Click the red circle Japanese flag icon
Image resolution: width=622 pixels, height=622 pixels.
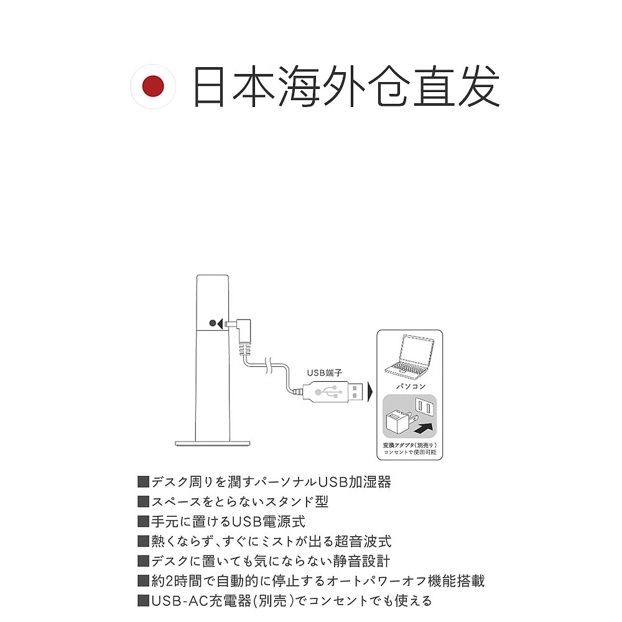(152, 86)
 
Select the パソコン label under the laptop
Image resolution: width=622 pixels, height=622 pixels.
(411, 386)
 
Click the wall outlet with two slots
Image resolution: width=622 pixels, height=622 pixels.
(426, 407)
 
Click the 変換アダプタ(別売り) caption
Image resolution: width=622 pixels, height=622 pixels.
(410, 446)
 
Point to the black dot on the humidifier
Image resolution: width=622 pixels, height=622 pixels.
(213, 323)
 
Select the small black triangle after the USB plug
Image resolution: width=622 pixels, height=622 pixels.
(371, 392)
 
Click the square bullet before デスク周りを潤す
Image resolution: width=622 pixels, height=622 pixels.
(143, 482)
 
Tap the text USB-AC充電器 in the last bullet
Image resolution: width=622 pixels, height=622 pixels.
(200, 601)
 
